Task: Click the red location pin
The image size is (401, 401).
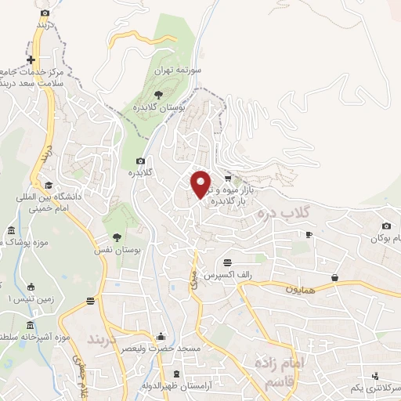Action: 201,184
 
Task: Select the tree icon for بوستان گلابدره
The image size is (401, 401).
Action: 160,94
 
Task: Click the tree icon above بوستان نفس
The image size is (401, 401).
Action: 117,236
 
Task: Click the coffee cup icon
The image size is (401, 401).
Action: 309,234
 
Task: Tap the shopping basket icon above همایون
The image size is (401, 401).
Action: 335,276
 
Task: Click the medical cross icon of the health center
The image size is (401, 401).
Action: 31,60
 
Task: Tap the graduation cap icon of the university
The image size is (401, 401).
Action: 49,185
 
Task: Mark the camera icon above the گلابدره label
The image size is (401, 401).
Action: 141,161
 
